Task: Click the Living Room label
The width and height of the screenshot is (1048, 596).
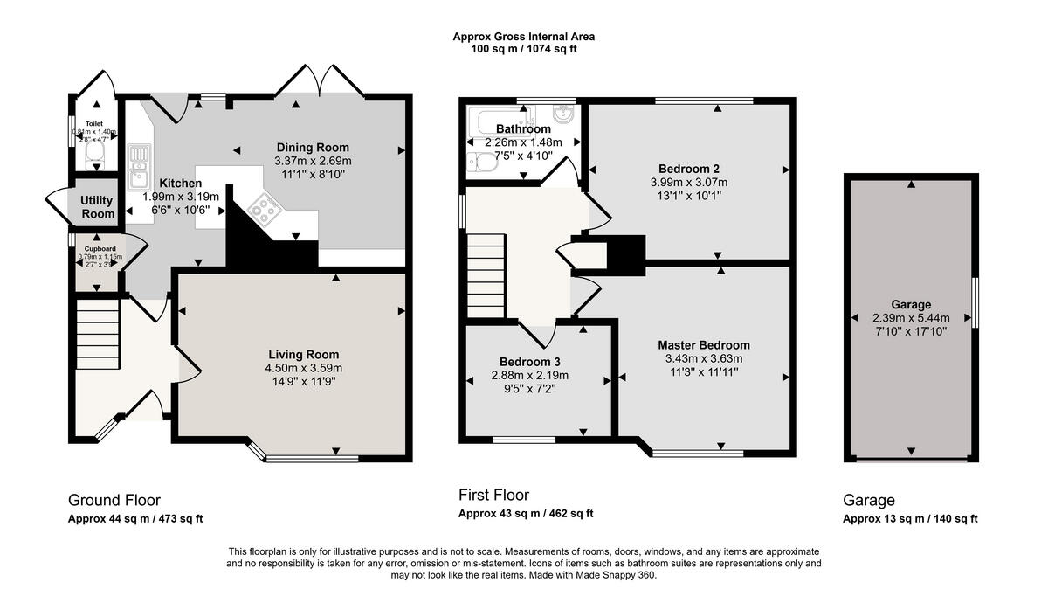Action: click(303, 355)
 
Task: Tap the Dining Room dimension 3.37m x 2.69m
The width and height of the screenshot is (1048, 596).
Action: click(313, 161)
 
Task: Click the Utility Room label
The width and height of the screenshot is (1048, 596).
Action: click(98, 207)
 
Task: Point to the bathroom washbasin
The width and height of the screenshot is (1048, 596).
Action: click(563, 114)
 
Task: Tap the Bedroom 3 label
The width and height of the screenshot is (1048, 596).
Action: click(529, 362)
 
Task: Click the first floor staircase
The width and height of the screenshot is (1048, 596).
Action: click(486, 275)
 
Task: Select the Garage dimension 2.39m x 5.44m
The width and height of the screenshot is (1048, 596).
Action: click(911, 318)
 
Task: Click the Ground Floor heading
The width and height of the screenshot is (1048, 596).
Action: click(114, 501)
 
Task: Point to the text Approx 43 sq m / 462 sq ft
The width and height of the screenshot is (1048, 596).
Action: click(526, 514)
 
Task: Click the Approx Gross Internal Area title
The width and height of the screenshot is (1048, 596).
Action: click(523, 37)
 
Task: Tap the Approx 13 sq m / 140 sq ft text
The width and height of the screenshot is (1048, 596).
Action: click(910, 519)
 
